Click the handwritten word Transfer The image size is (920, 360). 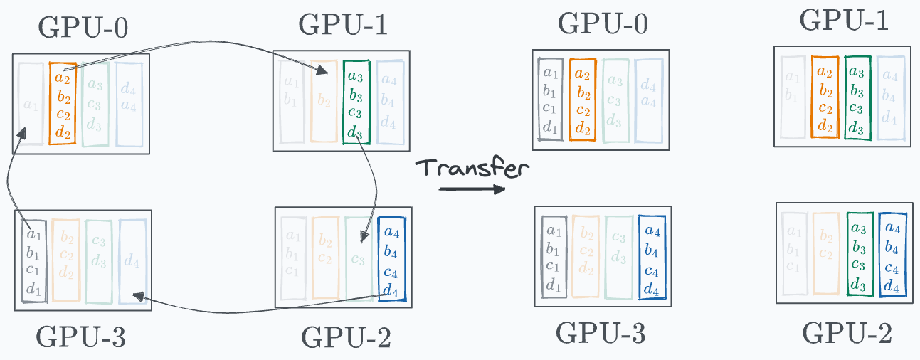pyautogui.click(x=472, y=168)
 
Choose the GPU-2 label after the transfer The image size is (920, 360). pyautogui.click(x=847, y=333)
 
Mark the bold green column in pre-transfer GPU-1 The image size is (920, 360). pyautogui.click(x=356, y=101)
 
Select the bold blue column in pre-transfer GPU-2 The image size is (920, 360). pyautogui.click(x=391, y=260)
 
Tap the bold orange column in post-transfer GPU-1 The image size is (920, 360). pyautogui.click(x=825, y=97)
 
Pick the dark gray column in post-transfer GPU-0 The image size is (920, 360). pyautogui.click(x=550, y=100)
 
